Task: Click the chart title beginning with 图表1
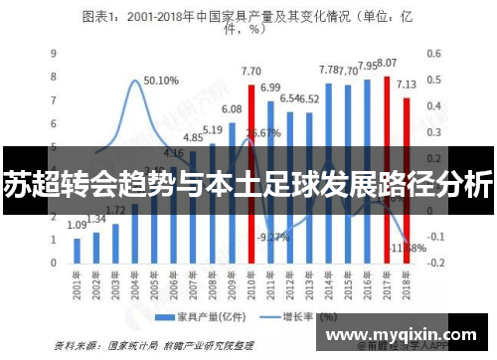point(248,21)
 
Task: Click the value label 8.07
point(387,63)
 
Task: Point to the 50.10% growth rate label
point(160,81)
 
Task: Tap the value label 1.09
point(77,226)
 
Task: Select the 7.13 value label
point(406,86)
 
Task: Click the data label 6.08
point(232,109)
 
